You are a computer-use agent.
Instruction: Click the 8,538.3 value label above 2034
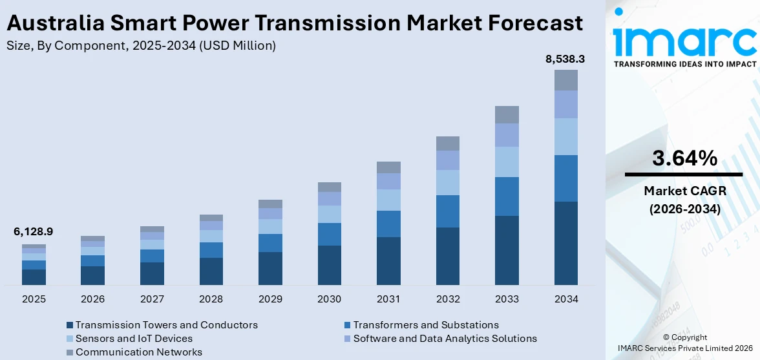[x=565, y=59]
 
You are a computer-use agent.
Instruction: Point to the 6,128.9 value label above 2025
[x=34, y=231]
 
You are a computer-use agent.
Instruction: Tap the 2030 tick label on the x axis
[x=330, y=299]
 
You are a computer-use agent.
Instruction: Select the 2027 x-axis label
[x=152, y=299]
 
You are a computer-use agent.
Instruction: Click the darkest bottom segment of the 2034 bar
[x=565, y=243]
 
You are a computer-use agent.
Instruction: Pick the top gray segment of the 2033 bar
[x=507, y=114]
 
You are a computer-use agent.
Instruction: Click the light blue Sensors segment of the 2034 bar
[x=565, y=136]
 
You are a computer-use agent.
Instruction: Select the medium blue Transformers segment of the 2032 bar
[x=448, y=211]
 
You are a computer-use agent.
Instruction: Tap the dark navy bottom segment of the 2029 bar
[x=270, y=268]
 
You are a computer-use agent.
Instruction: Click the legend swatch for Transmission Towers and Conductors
[x=70, y=325]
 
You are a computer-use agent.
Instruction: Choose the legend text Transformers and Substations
[x=426, y=325]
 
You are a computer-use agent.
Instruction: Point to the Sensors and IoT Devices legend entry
[x=134, y=339]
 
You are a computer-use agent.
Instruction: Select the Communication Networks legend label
[x=139, y=352]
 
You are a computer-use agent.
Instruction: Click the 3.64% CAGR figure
[x=684, y=158]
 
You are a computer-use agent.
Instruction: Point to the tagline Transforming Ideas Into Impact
[x=684, y=64]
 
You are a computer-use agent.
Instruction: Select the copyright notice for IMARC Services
[x=684, y=343]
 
